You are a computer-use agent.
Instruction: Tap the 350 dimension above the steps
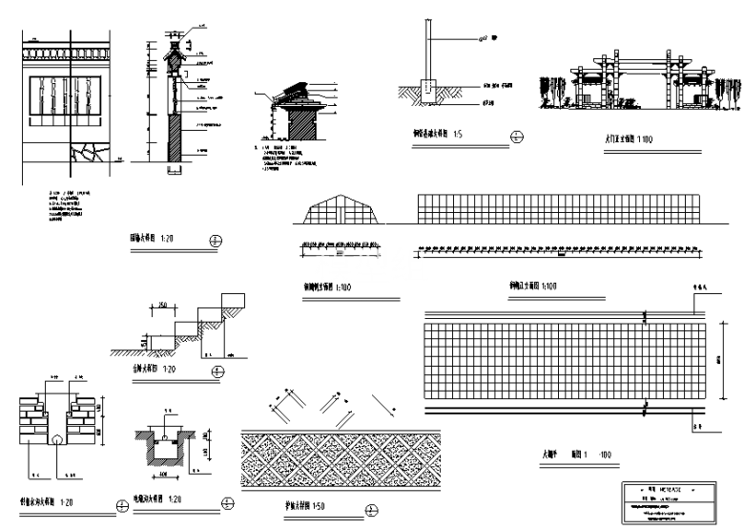pyautogui.click(x=163, y=305)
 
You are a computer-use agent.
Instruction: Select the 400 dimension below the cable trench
pyautogui.click(x=163, y=473)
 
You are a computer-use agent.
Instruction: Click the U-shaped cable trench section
pyautogui.click(x=165, y=449)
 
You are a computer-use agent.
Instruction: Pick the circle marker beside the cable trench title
pyautogui.click(x=226, y=501)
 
